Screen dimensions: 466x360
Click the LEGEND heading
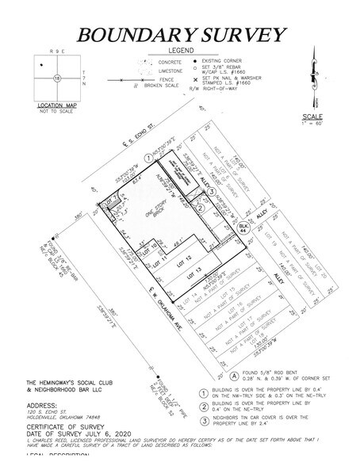[179, 52]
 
